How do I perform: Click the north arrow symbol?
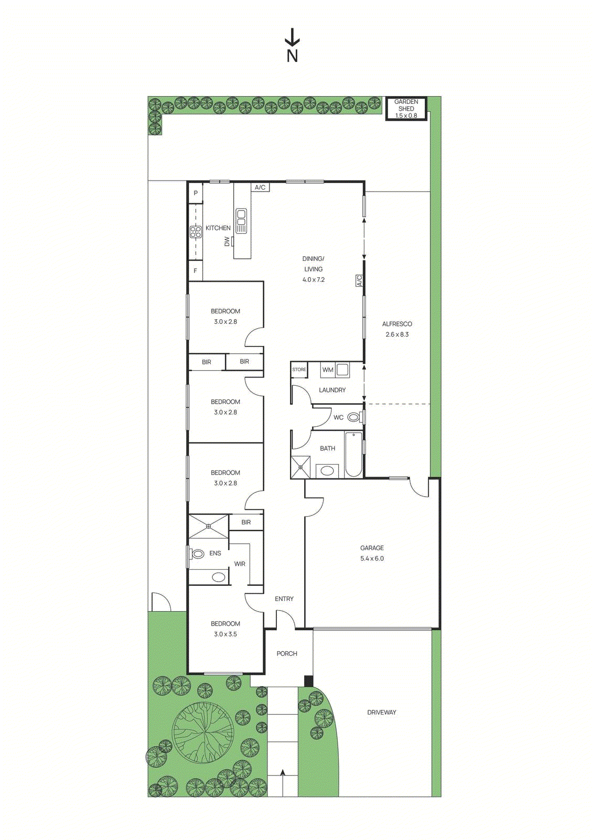pyautogui.click(x=292, y=38)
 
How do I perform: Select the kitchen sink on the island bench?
pyautogui.click(x=241, y=221)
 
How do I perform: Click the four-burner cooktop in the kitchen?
pyautogui.click(x=196, y=232)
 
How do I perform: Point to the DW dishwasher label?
pyautogui.click(x=227, y=241)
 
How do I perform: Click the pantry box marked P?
pyautogui.click(x=196, y=193)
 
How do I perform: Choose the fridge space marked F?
pyautogui.click(x=196, y=271)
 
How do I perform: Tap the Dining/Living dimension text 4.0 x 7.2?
pyautogui.click(x=314, y=280)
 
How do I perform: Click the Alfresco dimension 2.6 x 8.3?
pyautogui.click(x=397, y=334)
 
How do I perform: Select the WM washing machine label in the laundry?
pyautogui.click(x=328, y=370)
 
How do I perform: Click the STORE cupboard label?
pyautogui.click(x=299, y=370)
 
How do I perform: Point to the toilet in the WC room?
pyautogui.click(x=354, y=417)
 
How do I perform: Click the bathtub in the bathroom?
pyautogui.click(x=354, y=454)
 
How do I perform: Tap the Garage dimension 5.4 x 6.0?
pyautogui.click(x=372, y=559)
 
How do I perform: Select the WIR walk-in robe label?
pyautogui.click(x=240, y=564)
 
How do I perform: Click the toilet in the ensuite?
pyautogui.click(x=198, y=553)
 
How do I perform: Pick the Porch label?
pyautogui.click(x=287, y=654)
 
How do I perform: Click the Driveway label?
pyautogui.click(x=382, y=712)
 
